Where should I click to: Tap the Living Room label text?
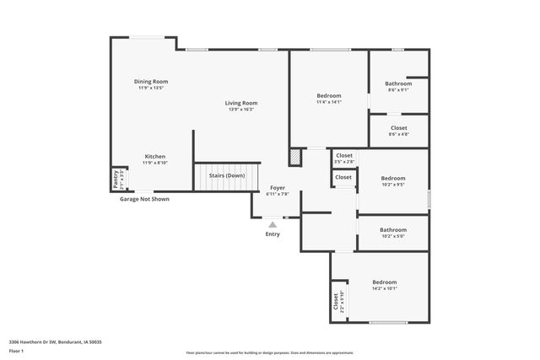[x=240, y=103]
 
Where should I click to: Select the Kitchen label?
[x=154, y=156]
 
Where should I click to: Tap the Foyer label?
[x=278, y=187]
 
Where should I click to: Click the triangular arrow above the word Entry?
[x=272, y=224]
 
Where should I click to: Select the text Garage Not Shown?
[x=143, y=200]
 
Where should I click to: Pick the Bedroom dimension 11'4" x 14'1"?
[x=328, y=103]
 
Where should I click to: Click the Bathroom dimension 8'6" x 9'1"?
[x=398, y=89]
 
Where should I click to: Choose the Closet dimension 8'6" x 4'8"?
[x=398, y=134]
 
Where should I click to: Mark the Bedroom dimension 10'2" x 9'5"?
[x=392, y=184]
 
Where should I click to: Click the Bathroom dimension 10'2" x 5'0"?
[x=392, y=235]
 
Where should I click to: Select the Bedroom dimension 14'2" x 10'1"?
[x=384, y=288]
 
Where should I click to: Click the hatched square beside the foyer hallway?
[x=294, y=157]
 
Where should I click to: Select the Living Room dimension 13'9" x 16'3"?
[x=240, y=109]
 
